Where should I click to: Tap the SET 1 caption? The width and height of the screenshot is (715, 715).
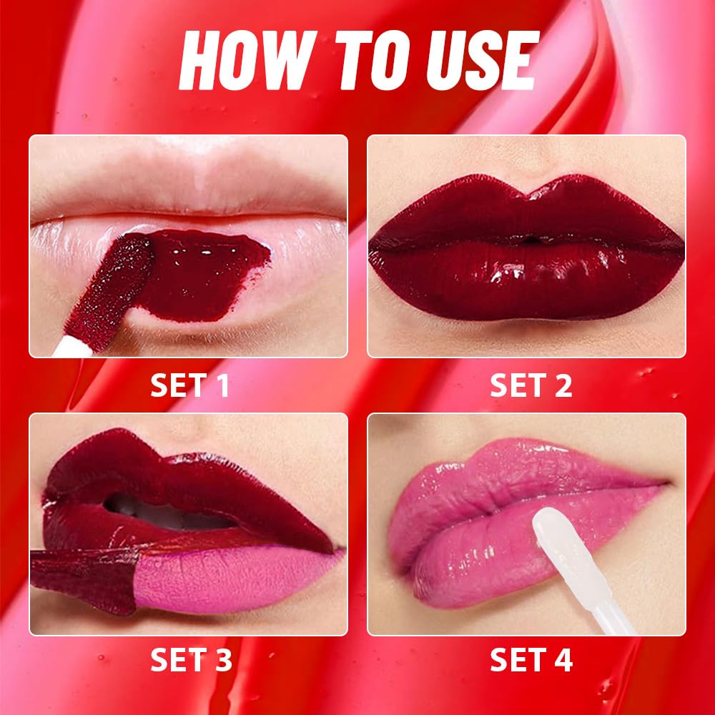(x=189, y=386)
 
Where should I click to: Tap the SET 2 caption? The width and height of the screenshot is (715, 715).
(x=531, y=386)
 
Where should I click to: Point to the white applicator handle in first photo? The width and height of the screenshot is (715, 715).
(x=64, y=347)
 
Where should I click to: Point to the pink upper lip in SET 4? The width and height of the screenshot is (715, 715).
(x=515, y=468)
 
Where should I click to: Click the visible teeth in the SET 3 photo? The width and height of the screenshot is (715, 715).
(x=164, y=515)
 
